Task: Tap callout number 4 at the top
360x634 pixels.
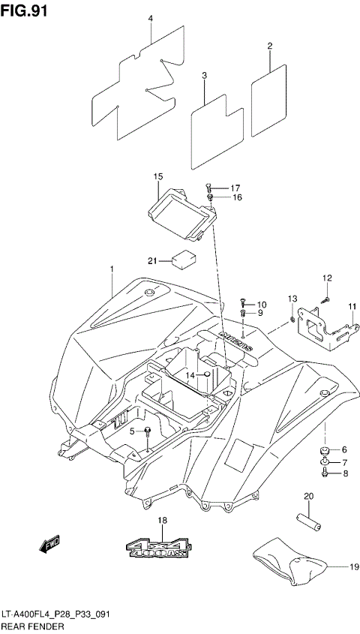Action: coord(150,19)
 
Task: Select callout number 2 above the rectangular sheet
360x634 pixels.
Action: coord(269,47)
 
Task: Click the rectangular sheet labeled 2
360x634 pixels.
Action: coord(268,100)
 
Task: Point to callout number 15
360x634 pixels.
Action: coord(158,176)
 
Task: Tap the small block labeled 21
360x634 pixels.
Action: coord(184,260)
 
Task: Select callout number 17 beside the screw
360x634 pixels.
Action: coord(235,188)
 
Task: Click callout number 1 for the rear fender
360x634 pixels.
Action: coord(111,269)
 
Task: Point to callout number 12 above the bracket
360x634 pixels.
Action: coord(327,279)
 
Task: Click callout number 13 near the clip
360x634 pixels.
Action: coord(292,300)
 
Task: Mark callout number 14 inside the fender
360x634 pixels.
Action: coord(190,374)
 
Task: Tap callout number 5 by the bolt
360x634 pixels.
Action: coord(131,431)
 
